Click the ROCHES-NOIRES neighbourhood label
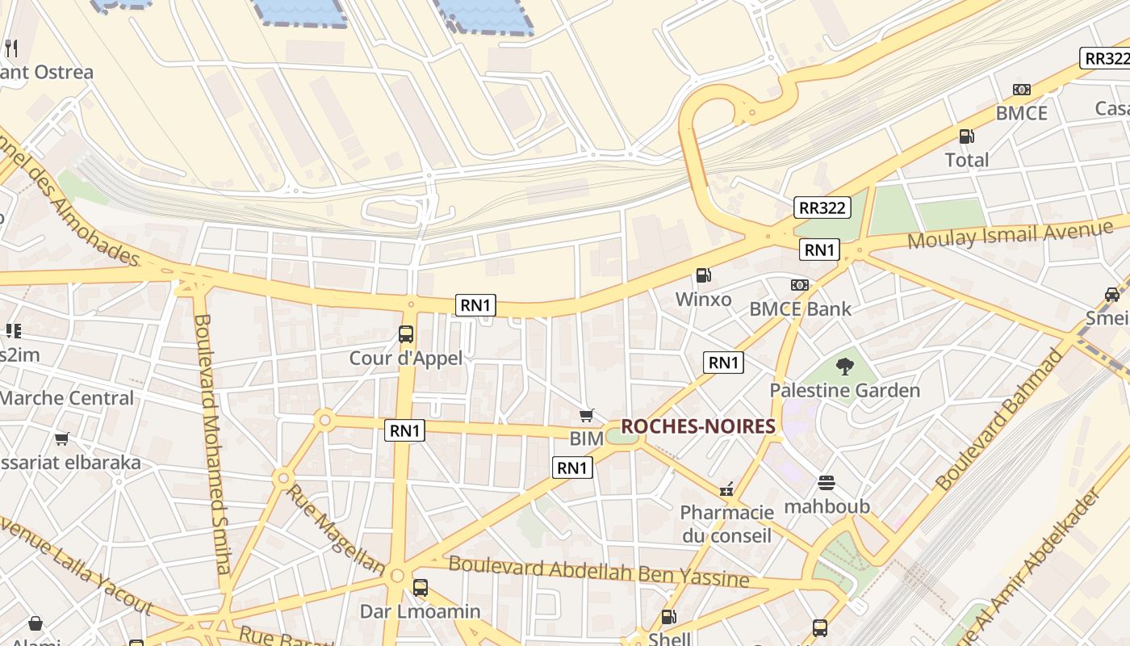click(x=697, y=426)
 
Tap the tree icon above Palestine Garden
click(x=844, y=367)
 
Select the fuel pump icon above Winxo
click(x=703, y=275)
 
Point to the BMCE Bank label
click(x=800, y=308)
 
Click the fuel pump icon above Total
click(x=966, y=136)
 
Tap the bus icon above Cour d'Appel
click(x=406, y=333)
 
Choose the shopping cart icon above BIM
click(x=587, y=415)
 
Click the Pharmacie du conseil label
click(x=726, y=523)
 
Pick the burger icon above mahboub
click(x=827, y=483)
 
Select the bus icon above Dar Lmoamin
click(x=420, y=587)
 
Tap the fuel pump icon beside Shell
click(x=669, y=618)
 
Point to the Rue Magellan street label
click(x=335, y=529)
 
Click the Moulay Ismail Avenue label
click(x=1010, y=236)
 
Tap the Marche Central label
click(x=66, y=398)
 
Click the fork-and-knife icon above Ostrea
click(x=11, y=48)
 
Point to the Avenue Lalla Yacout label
click(x=77, y=565)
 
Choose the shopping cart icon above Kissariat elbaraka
click(x=62, y=438)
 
